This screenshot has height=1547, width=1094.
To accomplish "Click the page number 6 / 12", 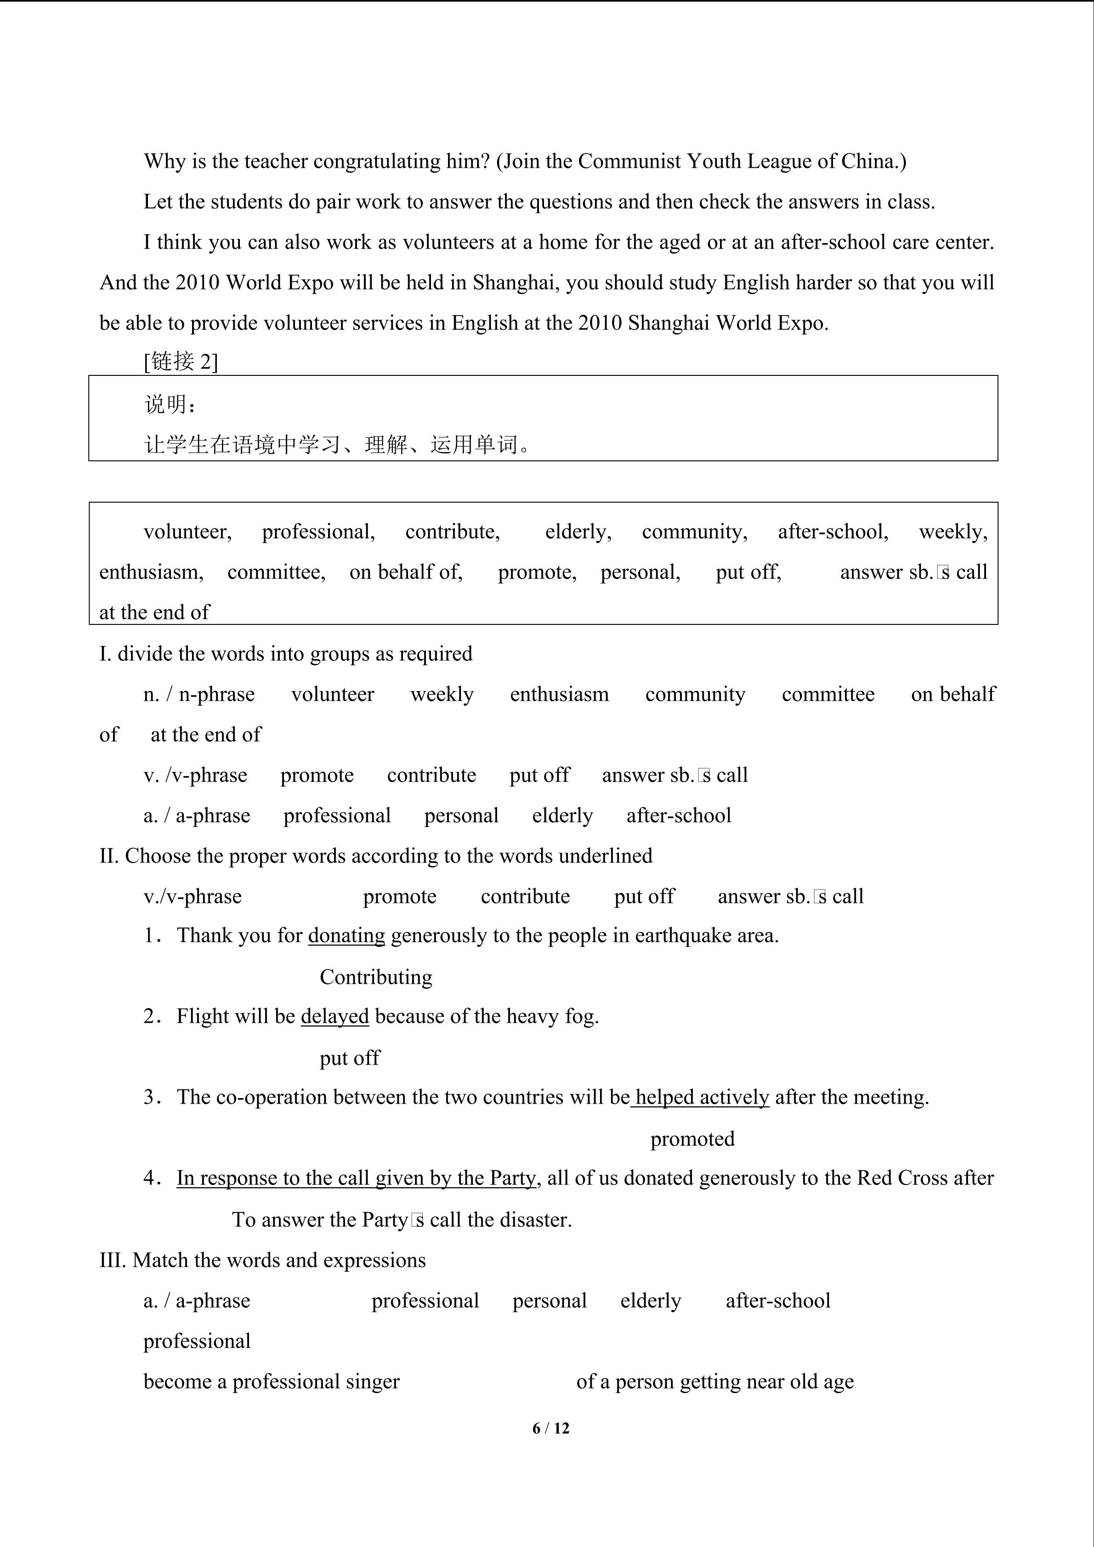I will pyautogui.click(x=550, y=1428).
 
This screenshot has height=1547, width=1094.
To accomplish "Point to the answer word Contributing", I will pyautogui.click(x=376, y=977).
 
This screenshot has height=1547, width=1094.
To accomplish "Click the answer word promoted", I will pyautogui.click(x=692, y=1139).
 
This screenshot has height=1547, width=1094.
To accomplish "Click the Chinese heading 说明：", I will pyautogui.click(x=171, y=404).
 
